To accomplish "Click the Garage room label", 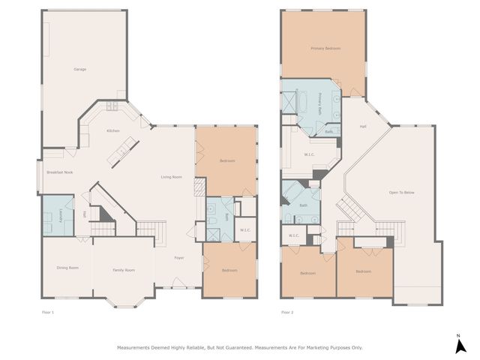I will (79, 70).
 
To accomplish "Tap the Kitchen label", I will (112, 131).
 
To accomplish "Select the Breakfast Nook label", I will (59, 172).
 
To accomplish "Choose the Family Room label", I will (124, 270).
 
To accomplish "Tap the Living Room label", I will (172, 177).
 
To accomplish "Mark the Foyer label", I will (179, 258).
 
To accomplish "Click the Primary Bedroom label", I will (325, 49).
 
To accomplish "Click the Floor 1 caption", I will (47, 312).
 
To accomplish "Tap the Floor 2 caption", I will (287, 312).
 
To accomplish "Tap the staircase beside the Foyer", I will (150, 229).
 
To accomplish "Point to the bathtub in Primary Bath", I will (289, 101).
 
